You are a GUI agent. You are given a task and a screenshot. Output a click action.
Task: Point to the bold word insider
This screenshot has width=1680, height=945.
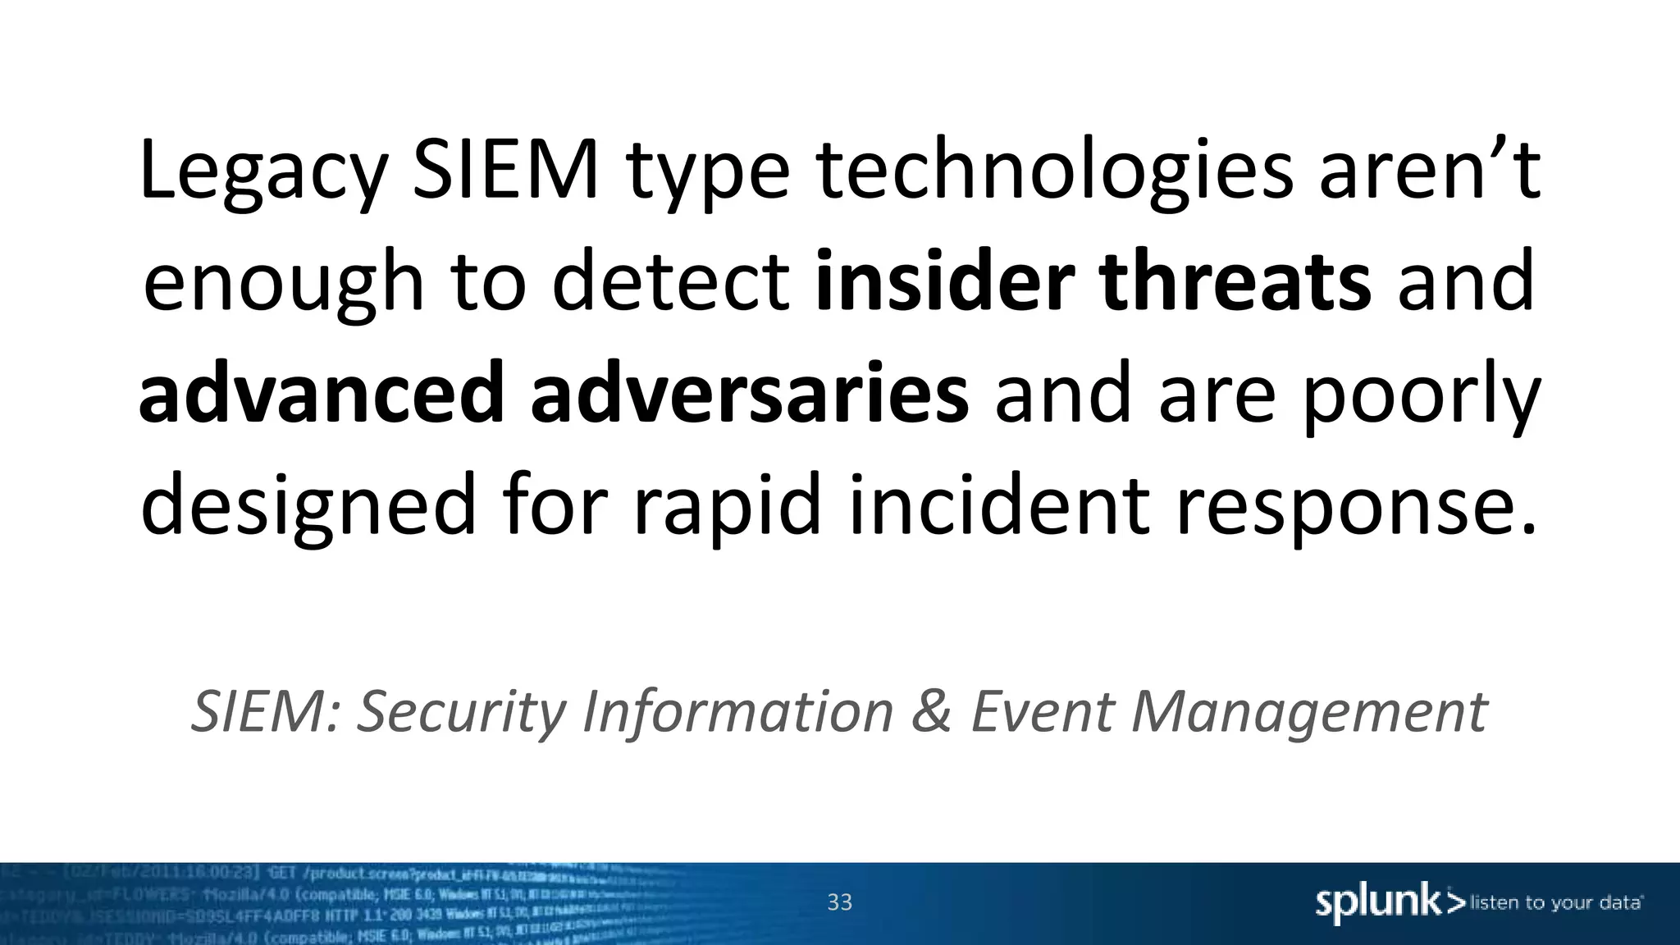tap(944, 282)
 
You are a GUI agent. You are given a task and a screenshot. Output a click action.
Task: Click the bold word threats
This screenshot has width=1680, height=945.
tap(1235, 282)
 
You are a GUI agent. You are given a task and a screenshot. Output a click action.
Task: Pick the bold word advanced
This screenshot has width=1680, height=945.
tap(321, 395)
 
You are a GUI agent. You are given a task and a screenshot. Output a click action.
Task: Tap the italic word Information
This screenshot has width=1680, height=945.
tap(737, 710)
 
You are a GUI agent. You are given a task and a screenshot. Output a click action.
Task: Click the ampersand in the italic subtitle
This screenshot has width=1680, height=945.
tap(932, 710)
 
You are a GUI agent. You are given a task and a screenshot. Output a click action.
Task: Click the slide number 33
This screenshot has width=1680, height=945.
tap(839, 902)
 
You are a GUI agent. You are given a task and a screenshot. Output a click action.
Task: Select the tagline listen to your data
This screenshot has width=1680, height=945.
tap(1555, 903)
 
